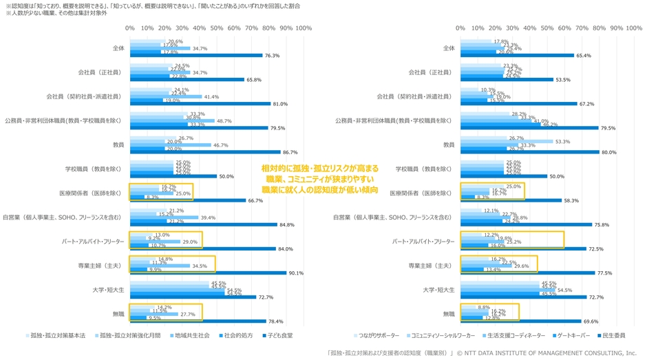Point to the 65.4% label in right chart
[583, 55]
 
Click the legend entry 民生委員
[613, 335]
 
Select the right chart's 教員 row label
[449, 145]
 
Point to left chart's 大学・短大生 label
[107, 289]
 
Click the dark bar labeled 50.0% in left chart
[173, 176]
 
